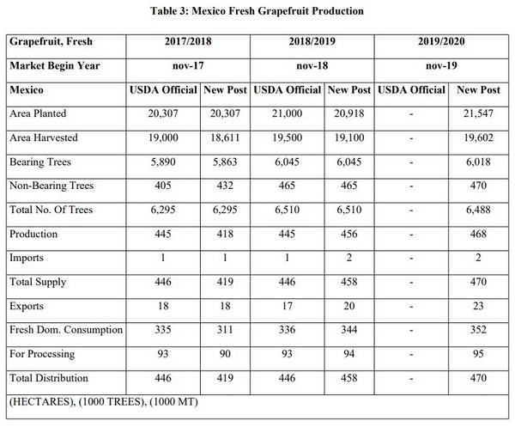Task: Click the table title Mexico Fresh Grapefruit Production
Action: click(257, 11)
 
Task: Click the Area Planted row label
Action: click(38, 113)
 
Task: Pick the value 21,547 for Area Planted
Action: click(477, 113)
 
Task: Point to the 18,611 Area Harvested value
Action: click(226, 137)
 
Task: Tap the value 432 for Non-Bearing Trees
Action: click(226, 186)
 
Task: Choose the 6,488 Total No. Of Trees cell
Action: click(477, 210)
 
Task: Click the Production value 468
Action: click(477, 234)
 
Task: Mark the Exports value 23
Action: click(477, 305)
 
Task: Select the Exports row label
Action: click(28, 305)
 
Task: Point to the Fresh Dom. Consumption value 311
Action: click(226, 330)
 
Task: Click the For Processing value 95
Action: click(477, 354)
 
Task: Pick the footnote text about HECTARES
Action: click(107, 401)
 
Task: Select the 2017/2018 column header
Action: click(189, 42)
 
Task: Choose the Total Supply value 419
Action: click(226, 282)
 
